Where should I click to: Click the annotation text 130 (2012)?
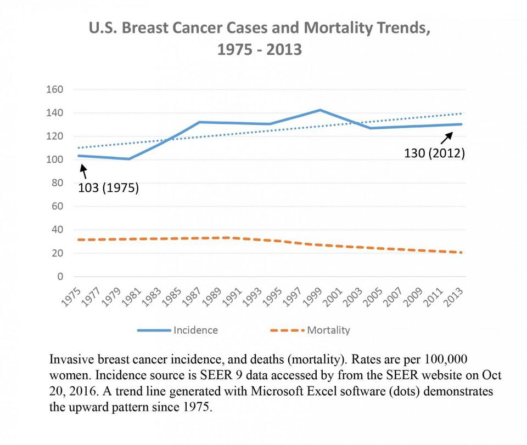pos(434,153)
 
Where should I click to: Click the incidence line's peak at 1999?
pos(320,110)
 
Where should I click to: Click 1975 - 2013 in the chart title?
pos(260,49)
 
